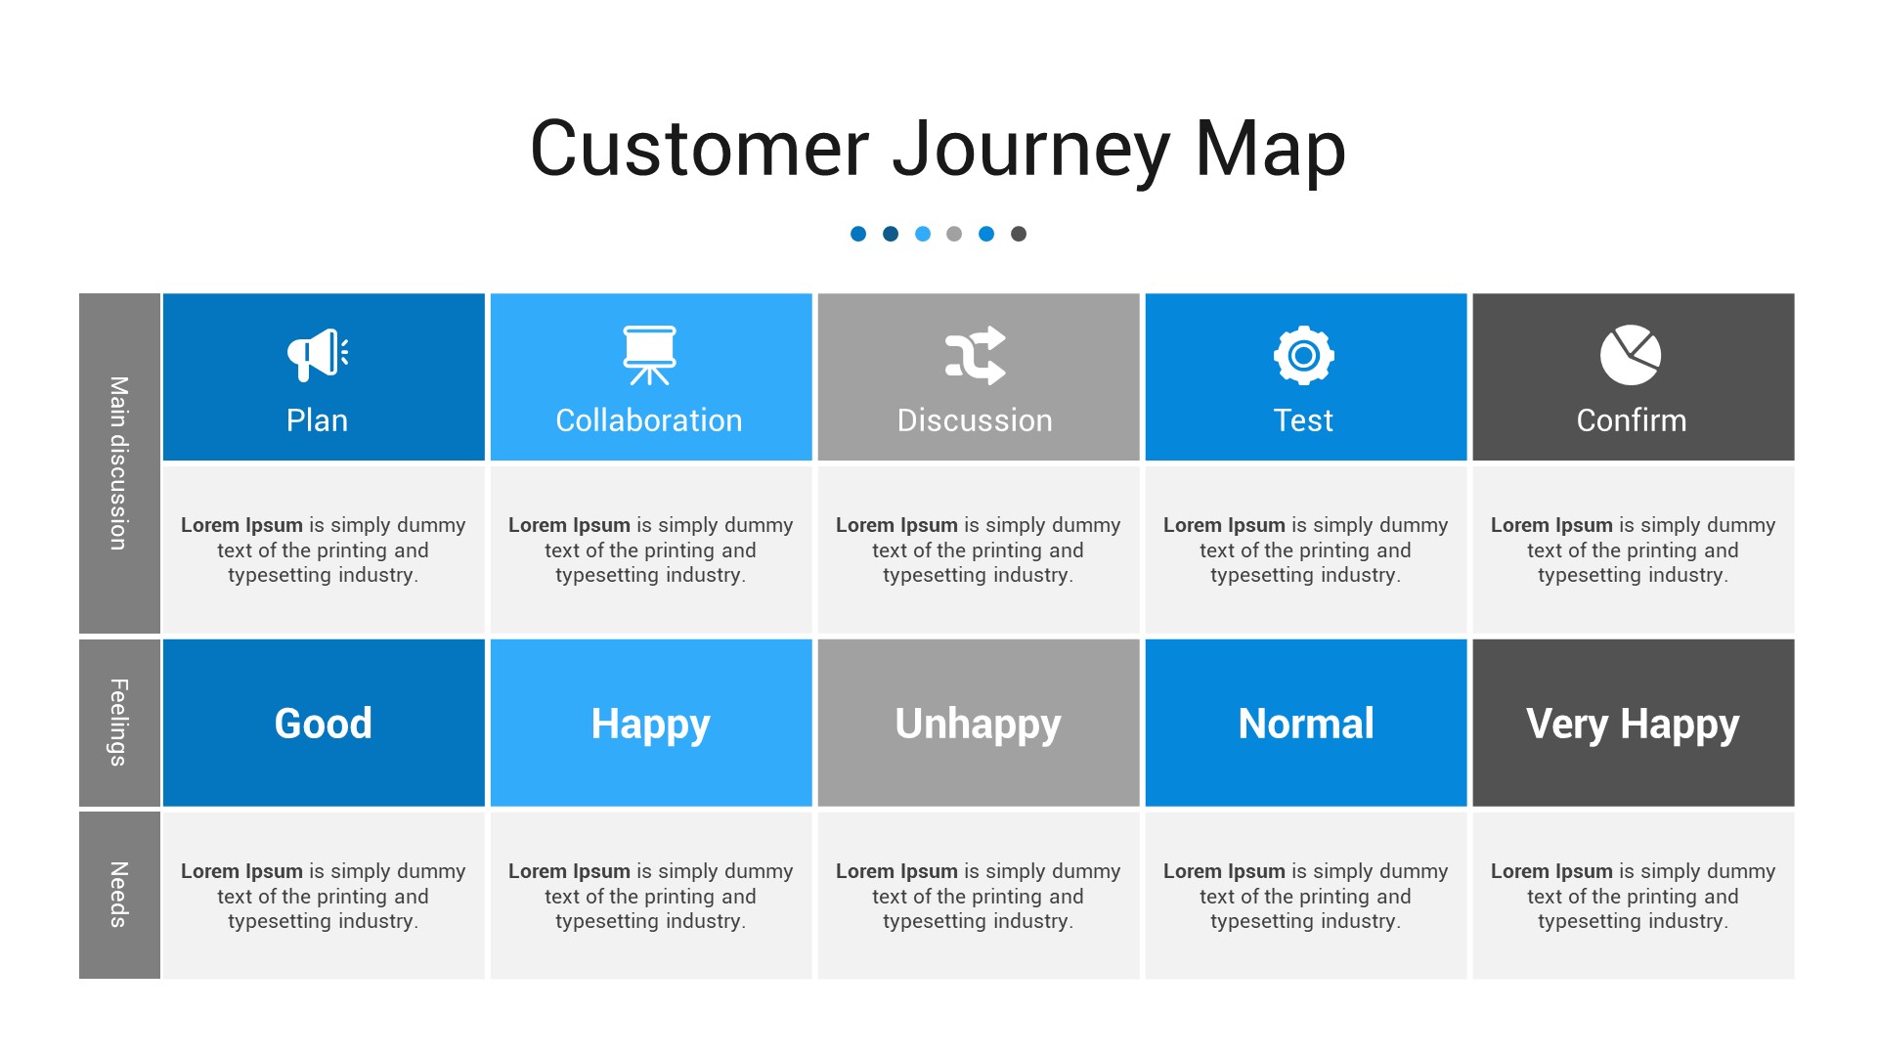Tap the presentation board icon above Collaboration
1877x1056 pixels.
coord(649,355)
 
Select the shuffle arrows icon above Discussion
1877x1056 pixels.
coord(976,355)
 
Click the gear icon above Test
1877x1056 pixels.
coord(1303,355)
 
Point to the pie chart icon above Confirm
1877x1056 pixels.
coord(1631,355)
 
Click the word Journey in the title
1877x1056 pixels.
coord(1030,150)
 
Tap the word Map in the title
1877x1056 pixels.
coord(1270,150)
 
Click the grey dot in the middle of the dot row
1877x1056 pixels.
coord(954,234)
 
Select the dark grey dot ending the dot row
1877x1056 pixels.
coord(1019,234)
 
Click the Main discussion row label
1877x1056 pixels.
coord(119,463)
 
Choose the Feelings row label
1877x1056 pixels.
coord(119,723)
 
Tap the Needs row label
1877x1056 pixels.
coord(119,895)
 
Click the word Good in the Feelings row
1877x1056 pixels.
coord(324,724)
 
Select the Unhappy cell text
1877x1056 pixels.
coord(978,725)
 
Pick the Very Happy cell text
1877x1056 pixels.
coord(1633,725)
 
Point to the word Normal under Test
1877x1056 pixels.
coord(1306,724)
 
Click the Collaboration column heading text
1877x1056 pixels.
coord(649,420)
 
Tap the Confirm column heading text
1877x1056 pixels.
coord(1632,420)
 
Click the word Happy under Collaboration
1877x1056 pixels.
coord(651,725)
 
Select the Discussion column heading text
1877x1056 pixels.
coord(976,420)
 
